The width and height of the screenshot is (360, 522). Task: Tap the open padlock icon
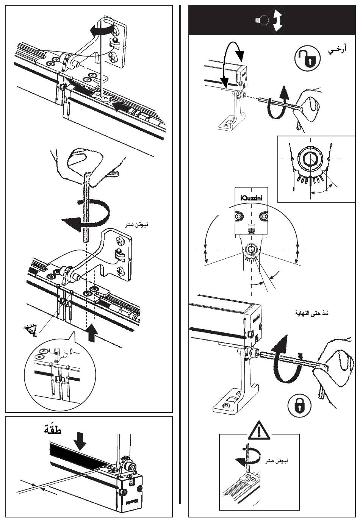click(x=307, y=58)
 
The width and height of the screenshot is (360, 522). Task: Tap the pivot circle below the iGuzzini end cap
click(x=250, y=249)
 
